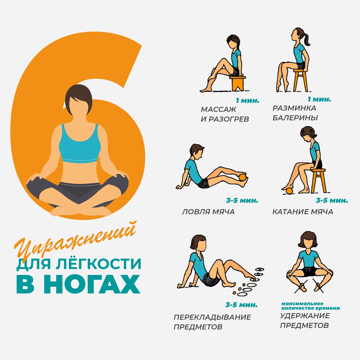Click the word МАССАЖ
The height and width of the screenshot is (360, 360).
point(218,109)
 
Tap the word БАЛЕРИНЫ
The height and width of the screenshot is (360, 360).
point(295,118)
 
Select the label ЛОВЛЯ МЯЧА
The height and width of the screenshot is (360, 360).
point(208,212)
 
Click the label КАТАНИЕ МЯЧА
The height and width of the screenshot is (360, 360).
point(303,212)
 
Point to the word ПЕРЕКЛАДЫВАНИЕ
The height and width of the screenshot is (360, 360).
point(212,317)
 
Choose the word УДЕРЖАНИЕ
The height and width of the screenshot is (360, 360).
point(305,316)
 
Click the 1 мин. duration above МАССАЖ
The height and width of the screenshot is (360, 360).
point(247,101)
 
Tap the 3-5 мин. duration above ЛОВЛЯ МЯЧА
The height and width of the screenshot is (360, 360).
point(242,201)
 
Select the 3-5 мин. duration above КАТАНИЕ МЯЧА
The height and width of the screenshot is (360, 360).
point(332,201)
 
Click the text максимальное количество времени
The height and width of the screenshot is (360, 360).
point(310,306)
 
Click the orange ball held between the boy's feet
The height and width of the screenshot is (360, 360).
point(243,177)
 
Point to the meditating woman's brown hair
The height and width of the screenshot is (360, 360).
point(79,97)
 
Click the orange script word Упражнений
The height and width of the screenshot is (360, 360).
point(75,241)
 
